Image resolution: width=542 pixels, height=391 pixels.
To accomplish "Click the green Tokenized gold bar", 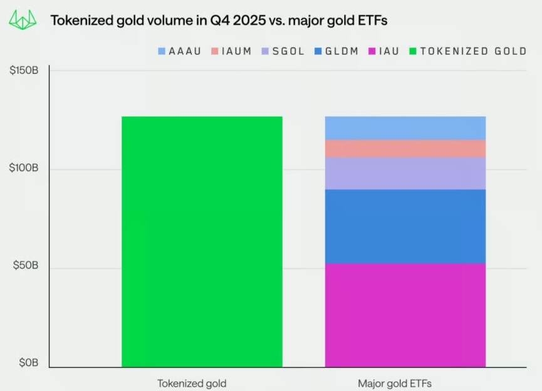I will [x=202, y=241].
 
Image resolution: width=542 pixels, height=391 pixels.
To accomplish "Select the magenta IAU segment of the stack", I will [x=405, y=315].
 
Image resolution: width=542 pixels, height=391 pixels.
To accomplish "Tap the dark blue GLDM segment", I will [x=405, y=226].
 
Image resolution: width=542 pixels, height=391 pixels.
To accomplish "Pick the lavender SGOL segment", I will [x=405, y=173].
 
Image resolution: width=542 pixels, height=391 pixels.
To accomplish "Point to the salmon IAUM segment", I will [x=405, y=149].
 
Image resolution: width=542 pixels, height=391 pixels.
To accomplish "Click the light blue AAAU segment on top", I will [x=405, y=128].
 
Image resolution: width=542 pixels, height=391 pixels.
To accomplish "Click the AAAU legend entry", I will [x=179, y=51].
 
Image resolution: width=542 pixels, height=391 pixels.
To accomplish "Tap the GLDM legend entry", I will [x=336, y=51].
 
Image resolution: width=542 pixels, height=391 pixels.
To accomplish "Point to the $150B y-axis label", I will [x=24, y=71].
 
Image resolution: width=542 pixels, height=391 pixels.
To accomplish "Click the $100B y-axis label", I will [x=24, y=169].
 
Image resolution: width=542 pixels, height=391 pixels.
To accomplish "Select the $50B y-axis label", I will [x=26, y=266].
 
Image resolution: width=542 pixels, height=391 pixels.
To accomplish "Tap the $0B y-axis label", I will [x=28, y=363].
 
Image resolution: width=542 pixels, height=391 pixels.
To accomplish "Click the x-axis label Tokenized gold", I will [x=191, y=383].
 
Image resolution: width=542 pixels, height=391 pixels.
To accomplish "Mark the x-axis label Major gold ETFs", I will [x=395, y=383].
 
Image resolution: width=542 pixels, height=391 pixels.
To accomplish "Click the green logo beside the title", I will [x=23, y=20].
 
